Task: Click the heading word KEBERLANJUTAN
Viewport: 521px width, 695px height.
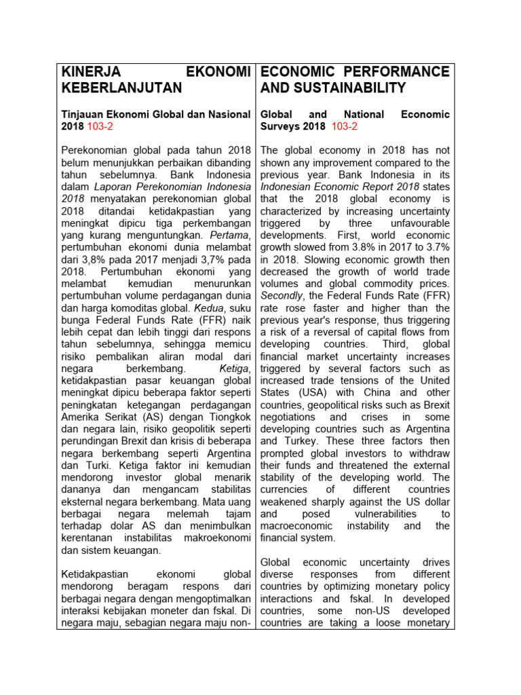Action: click(x=121, y=88)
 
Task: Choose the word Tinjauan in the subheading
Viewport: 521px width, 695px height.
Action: click(x=83, y=115)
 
